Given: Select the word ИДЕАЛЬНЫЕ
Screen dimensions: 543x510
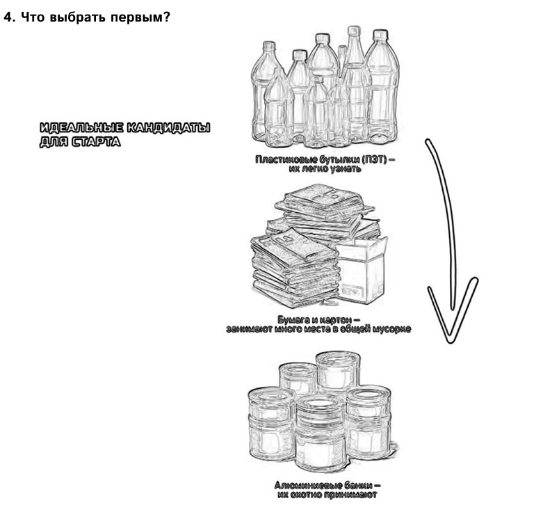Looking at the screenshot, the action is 81,128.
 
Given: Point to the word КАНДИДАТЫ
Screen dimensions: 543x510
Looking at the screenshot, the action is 169,128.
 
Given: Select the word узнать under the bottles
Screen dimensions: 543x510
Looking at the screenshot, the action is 345,169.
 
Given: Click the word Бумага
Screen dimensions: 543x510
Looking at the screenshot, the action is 292,319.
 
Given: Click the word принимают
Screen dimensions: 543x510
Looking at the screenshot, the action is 350,495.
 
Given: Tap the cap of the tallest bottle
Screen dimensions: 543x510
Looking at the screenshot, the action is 354,31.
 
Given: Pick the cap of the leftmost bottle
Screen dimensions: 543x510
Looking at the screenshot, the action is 269,46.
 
